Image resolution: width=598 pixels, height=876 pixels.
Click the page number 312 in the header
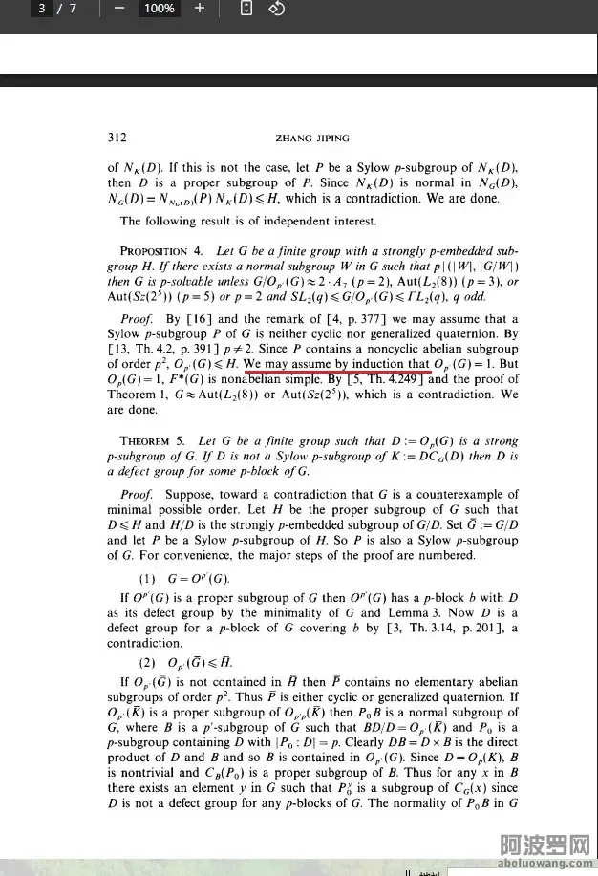pos(117,136)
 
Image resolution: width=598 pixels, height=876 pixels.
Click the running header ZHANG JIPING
pos(311,136)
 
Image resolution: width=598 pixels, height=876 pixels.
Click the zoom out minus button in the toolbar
pos(119,9)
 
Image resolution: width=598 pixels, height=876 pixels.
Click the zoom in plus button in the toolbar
pos(200,9)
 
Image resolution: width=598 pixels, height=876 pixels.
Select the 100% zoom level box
pos(159,9)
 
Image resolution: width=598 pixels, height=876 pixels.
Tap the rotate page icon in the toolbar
pos(276,9)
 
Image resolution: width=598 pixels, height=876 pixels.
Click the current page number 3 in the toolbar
pos(42,9)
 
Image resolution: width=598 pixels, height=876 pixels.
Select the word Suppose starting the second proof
pos(189,495)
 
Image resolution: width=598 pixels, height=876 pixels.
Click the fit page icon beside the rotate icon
pos(246,9)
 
